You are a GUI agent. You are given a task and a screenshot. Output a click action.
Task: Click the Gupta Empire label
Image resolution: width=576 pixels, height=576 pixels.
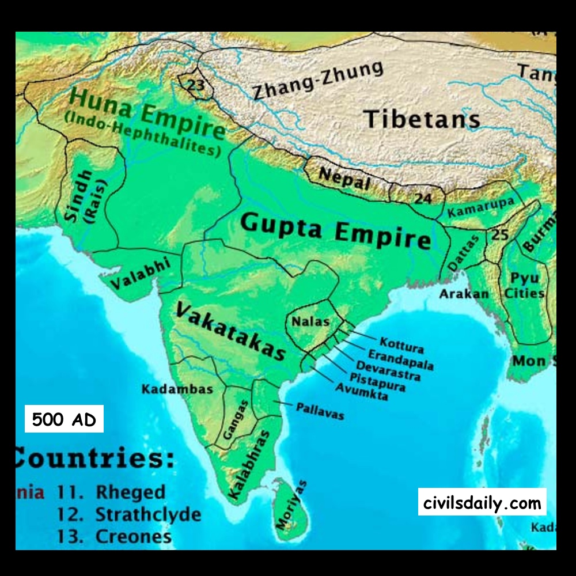pos(336,229)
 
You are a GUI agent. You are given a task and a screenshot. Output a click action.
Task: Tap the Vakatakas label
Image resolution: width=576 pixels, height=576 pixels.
pos(230,331)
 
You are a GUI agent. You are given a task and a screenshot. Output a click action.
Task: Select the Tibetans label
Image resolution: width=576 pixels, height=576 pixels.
pos(422,119)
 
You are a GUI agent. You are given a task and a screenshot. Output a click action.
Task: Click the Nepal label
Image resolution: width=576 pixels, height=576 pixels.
pos(344,179)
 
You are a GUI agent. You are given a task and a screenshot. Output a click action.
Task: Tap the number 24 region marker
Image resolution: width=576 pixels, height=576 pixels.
pos(423,199)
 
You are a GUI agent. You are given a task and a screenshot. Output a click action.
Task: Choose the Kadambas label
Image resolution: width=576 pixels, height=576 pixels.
pos(177,389)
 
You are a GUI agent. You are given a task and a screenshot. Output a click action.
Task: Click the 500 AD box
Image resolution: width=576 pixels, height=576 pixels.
pos(64,419)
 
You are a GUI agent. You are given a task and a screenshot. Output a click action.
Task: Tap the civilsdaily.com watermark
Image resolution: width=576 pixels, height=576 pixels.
pos(482,502)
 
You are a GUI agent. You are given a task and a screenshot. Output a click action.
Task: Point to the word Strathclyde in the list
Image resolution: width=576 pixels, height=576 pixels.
pos(148,514)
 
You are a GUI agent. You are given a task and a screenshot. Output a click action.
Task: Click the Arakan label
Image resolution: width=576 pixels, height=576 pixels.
pos(464,294)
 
